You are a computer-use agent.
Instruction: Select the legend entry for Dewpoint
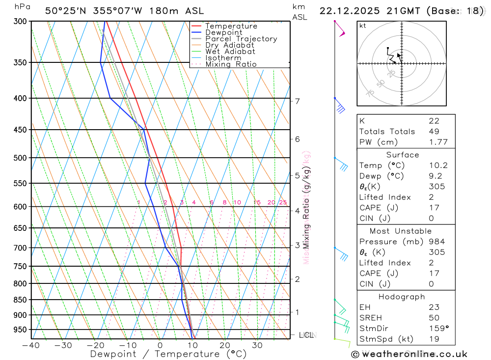pyautogui.click(x=224, y=32)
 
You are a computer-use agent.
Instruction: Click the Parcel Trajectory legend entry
pyautogui.click(x=241, y=39)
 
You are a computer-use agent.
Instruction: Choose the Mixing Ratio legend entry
pyautogui.click(x=231, y=64)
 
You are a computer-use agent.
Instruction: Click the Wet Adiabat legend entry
pyautogui.click(x=230, y=51)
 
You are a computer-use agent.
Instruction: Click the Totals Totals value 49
pyautogui.click(x=434, y=132)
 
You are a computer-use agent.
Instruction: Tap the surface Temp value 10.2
pyautogui.click(x=437, y=166)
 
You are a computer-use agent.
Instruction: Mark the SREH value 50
pyautogui.click(x=434, y=318)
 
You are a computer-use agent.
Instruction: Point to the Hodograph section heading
pyautogui.click(x=402, y=297)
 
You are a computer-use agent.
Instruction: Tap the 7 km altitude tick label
pyautogui.click(x=298, y=101)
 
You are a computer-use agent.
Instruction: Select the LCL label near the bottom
pyautogui.click(x=306, y=335)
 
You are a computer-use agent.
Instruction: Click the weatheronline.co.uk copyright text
pyautogui.click(x=409, y=354)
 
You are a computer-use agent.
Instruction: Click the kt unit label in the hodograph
pyautogui.click(x=362, y=26)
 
